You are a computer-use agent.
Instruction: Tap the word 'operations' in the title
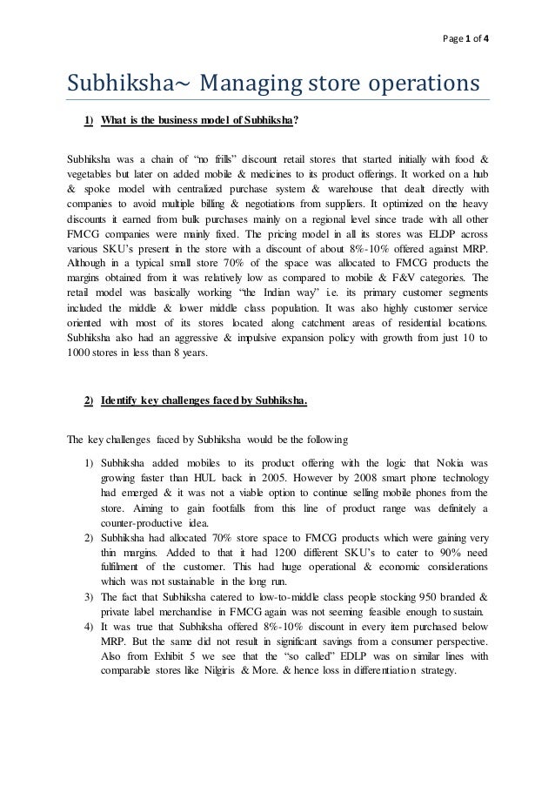[408, 85]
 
